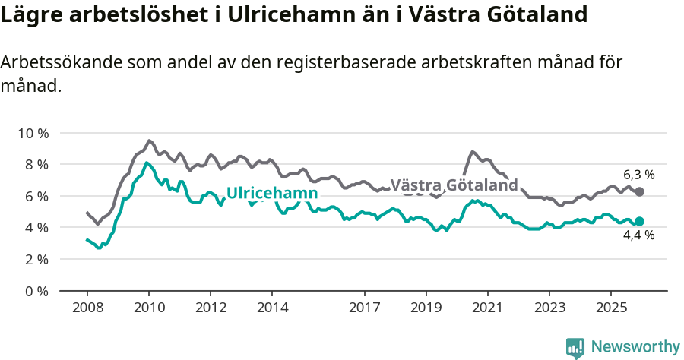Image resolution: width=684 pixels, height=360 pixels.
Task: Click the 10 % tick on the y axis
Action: click(33, 133)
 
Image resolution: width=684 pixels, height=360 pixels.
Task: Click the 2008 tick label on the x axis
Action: click(87, 308)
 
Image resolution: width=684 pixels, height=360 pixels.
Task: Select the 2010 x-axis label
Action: click(148, 308)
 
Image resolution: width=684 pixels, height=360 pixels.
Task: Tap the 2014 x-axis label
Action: click(272, 308)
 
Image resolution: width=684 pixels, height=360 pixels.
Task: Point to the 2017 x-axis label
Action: click(364, 308)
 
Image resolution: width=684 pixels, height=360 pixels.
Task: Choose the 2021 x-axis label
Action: click(487, 308)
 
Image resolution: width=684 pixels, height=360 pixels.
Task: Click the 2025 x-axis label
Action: click(610, 308)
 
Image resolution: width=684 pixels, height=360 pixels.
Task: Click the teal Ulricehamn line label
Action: click(272, 193)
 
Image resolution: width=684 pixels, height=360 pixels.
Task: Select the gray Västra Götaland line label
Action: click(454, 185)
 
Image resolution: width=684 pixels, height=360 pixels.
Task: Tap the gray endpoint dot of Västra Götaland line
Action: click(639, 192)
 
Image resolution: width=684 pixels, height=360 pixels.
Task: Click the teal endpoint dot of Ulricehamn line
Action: click(639, 221)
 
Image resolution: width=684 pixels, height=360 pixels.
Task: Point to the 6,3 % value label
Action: click(638, 175)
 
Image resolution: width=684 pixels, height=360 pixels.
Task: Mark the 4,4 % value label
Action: click(638, 235)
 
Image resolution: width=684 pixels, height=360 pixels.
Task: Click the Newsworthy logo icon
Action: click(575, 347)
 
